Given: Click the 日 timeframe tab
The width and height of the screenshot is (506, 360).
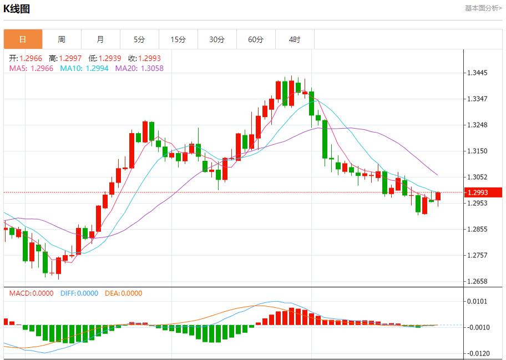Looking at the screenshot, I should coord(23,39).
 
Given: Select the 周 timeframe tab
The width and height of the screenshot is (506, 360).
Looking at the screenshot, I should coord(62,39).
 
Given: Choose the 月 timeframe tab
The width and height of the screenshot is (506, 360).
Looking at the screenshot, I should coord(100,39).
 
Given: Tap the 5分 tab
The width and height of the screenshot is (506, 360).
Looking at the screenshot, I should coord(139,39).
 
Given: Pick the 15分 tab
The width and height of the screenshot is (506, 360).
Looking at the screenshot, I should coord(178,39).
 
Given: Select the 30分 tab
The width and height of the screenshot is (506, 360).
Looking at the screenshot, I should coord(217,39).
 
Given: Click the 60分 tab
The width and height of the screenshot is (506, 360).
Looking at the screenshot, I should coord(256,39).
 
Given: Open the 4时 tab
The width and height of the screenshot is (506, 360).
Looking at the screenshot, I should coord(295,39).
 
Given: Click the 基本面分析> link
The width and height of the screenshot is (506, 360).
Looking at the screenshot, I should coord(483,8).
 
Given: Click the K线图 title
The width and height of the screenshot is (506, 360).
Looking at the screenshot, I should coord(17,9).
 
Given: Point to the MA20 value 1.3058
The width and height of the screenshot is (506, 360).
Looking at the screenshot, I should coord(139,68).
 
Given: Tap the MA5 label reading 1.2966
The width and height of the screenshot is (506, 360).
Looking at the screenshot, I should coord(31,68).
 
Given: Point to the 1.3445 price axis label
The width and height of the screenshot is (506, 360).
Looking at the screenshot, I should coord(478,73).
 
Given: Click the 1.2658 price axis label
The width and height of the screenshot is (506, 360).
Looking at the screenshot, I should coord(478,281).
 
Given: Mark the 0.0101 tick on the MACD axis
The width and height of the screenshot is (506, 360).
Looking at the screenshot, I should coord(478,302).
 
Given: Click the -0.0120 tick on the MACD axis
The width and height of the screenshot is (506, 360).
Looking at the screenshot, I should coord(477,353).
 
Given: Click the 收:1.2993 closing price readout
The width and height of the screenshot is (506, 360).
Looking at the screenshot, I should coord(144,58).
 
